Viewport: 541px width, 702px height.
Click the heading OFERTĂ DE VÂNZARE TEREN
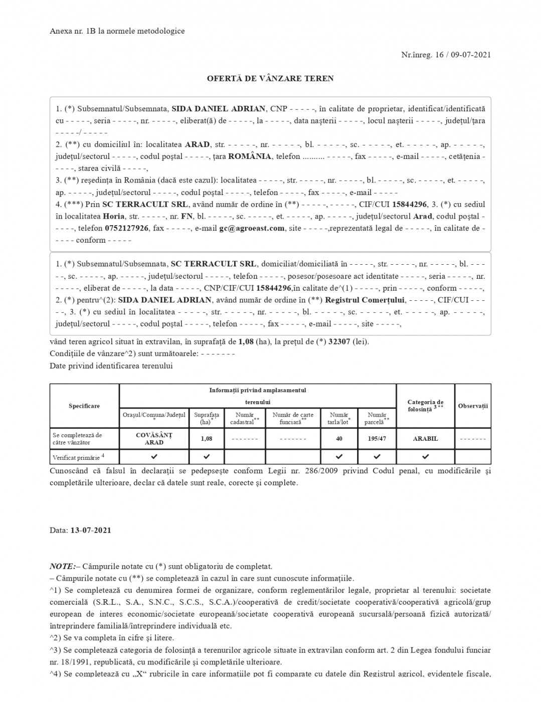(270, 79)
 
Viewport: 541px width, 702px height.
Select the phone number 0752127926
(126, 228)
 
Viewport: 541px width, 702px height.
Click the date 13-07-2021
(91, 530)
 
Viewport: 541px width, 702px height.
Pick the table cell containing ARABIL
(425, 439)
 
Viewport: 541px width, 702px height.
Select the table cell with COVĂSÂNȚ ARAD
(154, 439)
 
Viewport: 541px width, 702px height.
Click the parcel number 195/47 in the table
(377, 439)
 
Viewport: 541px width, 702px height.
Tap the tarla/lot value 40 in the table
(339, 439)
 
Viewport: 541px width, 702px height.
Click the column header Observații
(473, 406)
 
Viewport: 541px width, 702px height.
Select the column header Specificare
(84, 406)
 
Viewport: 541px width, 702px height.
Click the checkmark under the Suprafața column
(207, 457)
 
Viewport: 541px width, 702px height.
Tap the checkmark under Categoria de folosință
(425, 457)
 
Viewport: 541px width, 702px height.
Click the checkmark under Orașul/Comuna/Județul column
(154, 457)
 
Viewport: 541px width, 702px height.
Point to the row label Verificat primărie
(78, 457)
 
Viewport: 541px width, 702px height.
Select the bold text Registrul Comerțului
(365, 300)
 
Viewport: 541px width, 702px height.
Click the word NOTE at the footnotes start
(62, 567)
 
